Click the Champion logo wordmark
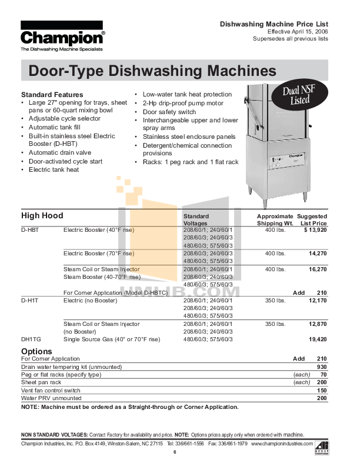coord(62,38)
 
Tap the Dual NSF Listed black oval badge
coord(299,95)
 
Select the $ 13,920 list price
coord(315,229)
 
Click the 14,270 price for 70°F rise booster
coord(318,254)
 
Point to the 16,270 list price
coord(318,269)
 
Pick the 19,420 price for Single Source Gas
coord(318,339)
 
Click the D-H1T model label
coord(29,301)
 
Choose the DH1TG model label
coord(31,339)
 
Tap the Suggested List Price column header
coord(312,219)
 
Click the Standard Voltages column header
coord(196,219)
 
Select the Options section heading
coord(36,351)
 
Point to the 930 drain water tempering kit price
coord(322,367)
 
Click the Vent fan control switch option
coord(51,391)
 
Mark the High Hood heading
coord(42,215)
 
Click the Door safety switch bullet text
coord(169,112)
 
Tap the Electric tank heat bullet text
coord(54,169)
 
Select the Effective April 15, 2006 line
coord(298,32)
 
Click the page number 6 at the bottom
coord(175,452)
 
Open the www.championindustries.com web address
coord(282,444)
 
